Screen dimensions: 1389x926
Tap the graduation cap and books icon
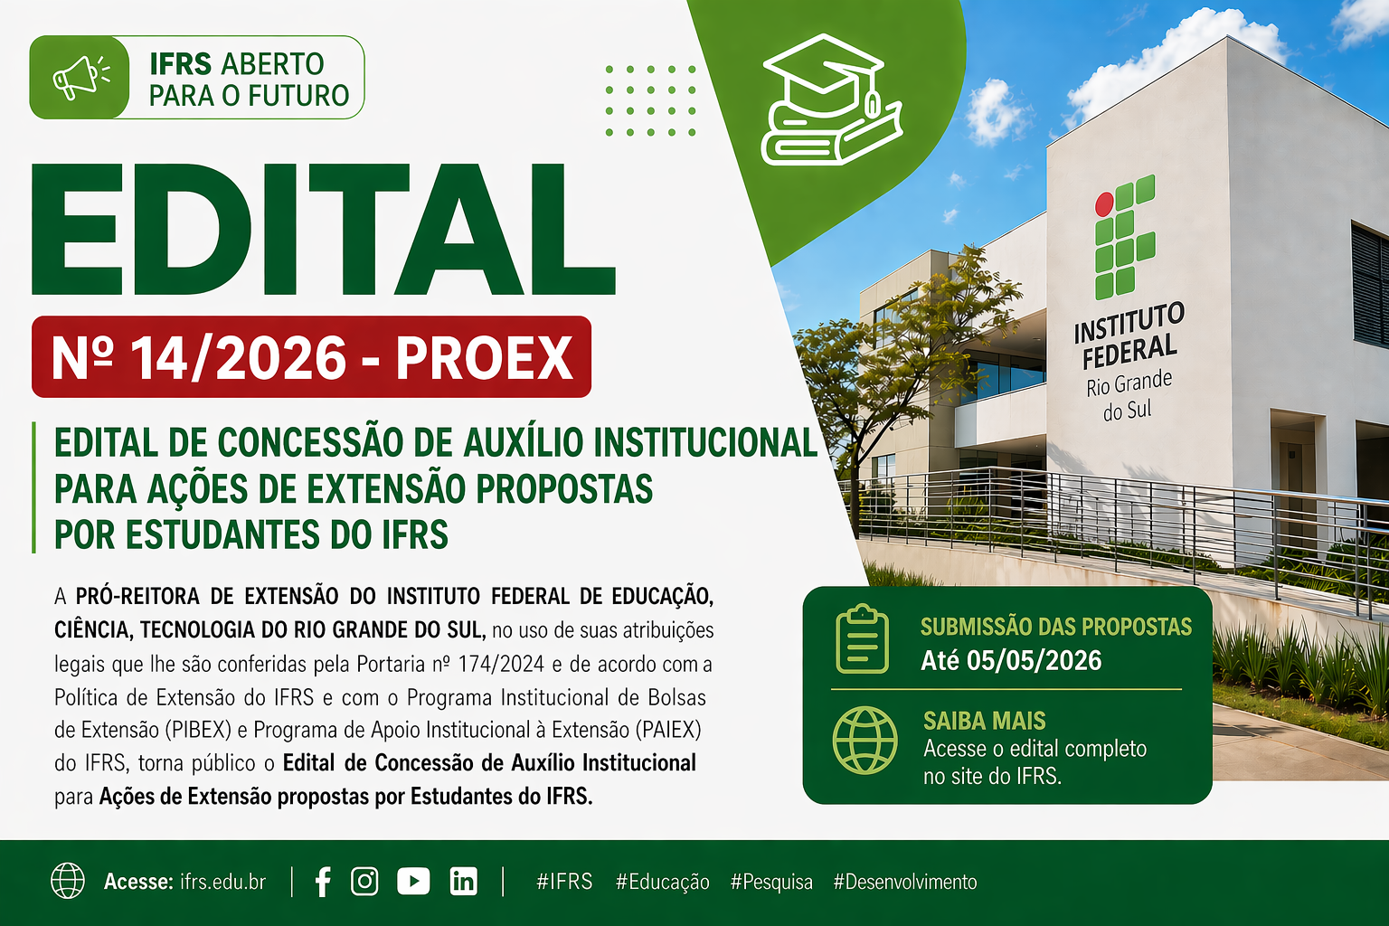point(832,99)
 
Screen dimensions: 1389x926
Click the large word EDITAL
point(323,230)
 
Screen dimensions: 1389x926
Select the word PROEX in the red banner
point(484,358)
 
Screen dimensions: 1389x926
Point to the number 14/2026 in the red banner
point(239,358)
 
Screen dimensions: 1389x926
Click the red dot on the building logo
point(1104,204)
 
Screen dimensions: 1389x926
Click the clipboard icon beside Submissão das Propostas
point(862,638)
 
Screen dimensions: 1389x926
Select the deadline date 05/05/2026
point(1034,660)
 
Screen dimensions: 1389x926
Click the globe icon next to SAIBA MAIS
point(865,740)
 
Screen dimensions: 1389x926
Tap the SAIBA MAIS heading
point(985,721)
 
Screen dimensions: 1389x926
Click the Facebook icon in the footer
point(323,882)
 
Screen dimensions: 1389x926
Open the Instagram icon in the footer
point(364,882)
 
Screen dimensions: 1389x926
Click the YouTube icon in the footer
point(413,882)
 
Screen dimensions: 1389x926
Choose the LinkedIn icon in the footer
point(463,882)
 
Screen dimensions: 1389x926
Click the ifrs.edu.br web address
point(223,882)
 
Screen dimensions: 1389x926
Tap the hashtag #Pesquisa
point(771,882)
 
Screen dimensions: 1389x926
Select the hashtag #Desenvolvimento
point(905,882)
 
